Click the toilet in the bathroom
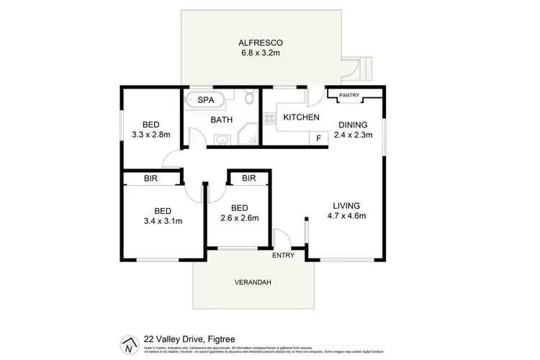249,96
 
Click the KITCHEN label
301,117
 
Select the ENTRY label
283,255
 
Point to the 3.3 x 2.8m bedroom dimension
150,134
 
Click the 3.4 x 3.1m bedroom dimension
163,220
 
